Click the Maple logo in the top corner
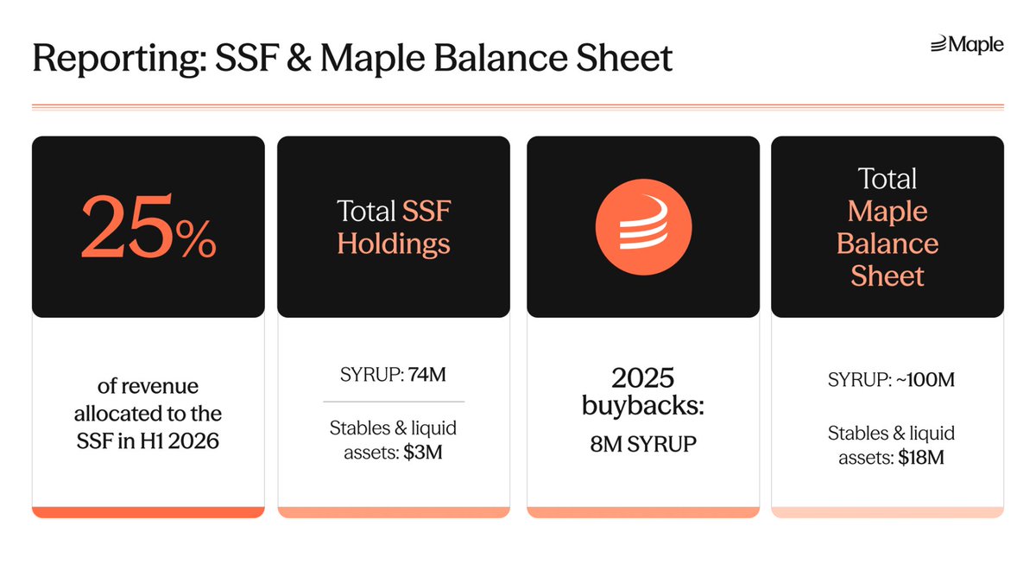click(967, 45)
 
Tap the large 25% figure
click(148, 229)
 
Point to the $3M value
click(423, 452)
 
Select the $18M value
click(920, 457)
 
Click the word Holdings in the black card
click(394, 244)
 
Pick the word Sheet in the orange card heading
click(888, 276)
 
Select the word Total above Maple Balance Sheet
click(888, 179)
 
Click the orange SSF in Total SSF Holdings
click(426, 211)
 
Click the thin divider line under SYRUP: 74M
click(394, 402)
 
